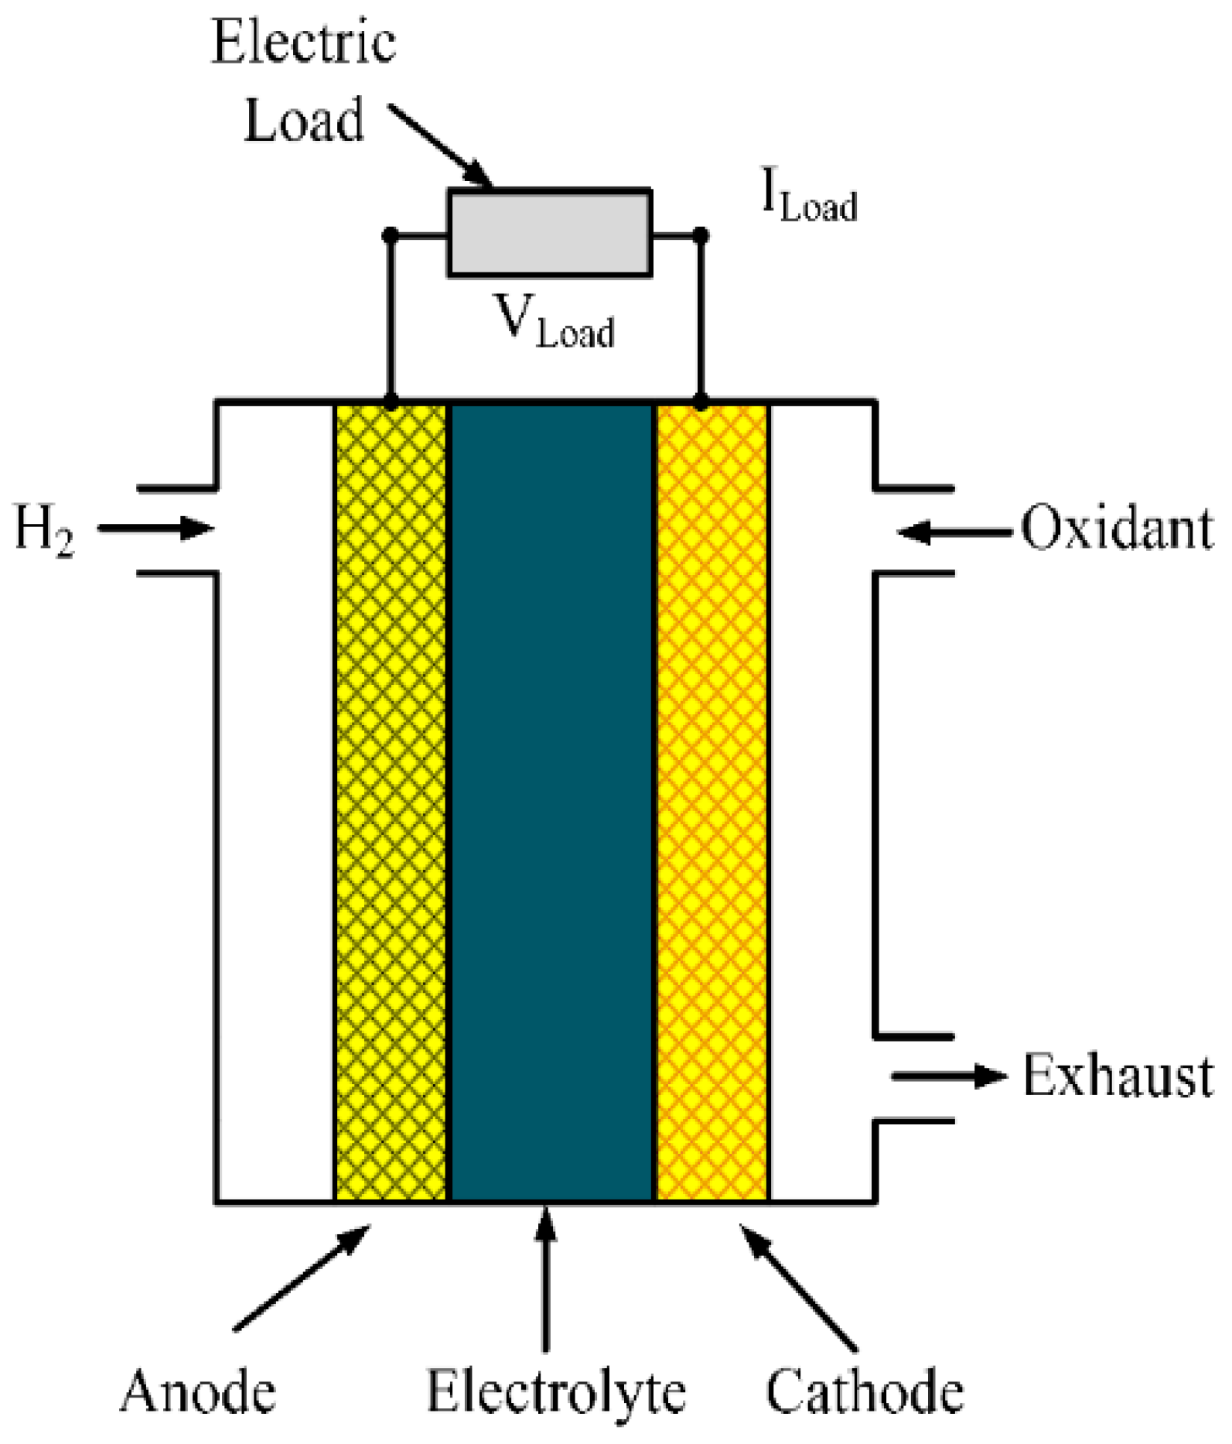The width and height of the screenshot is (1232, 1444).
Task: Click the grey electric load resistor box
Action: pos(550,233)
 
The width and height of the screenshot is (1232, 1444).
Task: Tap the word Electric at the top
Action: pos(303,42)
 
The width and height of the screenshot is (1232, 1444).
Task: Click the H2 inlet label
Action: pos(45,529)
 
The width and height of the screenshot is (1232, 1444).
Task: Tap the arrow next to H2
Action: pos(155,529)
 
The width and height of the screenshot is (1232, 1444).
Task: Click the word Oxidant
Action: pos(1117,529)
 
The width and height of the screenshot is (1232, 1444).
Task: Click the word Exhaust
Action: pos(1118,1076)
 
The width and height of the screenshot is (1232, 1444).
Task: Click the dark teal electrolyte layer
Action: pos(551,801)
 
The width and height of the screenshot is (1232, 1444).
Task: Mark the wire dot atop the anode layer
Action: pos(391,402)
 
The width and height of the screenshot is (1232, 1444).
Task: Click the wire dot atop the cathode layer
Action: pos(701,402)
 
